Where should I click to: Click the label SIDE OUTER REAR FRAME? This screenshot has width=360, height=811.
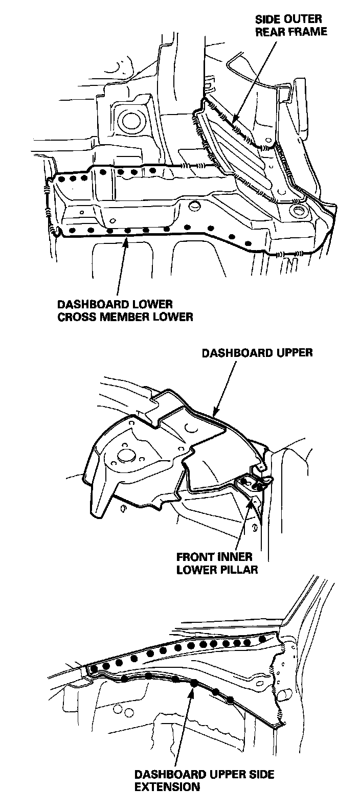tap(291, 25)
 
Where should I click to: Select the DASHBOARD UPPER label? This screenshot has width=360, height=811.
tap(257, 353)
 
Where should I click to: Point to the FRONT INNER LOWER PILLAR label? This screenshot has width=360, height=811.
tap(215, 562)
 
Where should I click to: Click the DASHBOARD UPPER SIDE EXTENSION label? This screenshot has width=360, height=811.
tap(204, 781)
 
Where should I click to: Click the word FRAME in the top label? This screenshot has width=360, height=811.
tap(310, 31)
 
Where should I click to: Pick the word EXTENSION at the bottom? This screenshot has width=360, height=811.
tap(167, 787)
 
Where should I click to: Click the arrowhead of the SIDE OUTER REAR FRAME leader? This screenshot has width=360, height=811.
tap(234, 122)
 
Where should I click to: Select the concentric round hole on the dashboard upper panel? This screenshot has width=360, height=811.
tap(123, 454)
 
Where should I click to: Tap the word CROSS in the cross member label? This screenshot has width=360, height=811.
tap(74, 317)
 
